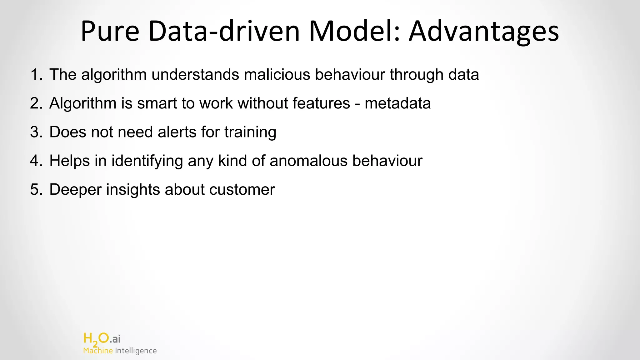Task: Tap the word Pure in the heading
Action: (110, 31)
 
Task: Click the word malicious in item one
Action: (277, 75)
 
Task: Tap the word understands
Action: (195, 75)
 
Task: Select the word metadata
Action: (397, 103)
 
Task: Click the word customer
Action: (242, 190)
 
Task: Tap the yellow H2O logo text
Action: (96, 339)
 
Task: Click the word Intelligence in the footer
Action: (136, 351)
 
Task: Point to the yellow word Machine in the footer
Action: (98, 351)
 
